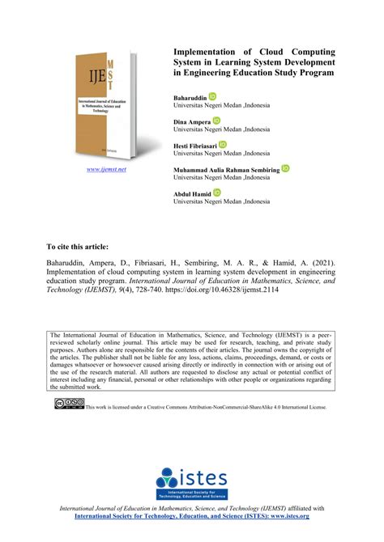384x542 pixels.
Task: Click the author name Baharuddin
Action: (x=190, y=96)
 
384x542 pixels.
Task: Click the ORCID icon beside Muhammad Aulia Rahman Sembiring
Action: (x=285, y=168)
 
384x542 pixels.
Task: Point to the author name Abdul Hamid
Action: (x=192, y=194)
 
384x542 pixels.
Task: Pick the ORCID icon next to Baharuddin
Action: (x=212, y=96)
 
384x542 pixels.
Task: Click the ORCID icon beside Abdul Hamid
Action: (x=217, y=193)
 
